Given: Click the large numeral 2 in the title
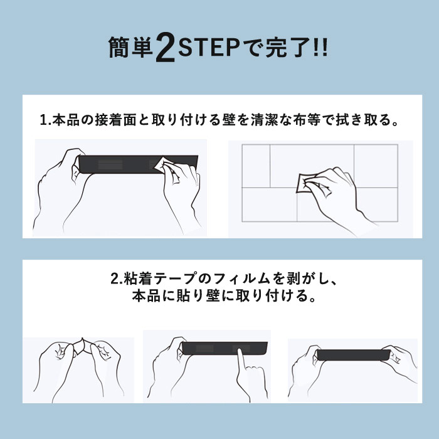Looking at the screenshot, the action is pos(165,47).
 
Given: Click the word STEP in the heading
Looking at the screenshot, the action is pos(209,48).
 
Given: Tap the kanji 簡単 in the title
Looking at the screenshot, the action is pos(130,48).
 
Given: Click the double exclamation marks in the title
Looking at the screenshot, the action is pos(321,48).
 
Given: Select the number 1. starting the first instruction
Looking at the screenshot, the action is pos(45,120).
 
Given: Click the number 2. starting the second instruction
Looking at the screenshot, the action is pos(116,279).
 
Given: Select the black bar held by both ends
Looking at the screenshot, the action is pos(353,355).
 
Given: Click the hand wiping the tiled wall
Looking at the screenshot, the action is pos(336,193).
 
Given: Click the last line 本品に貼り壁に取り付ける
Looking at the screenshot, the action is pos(224,296).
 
